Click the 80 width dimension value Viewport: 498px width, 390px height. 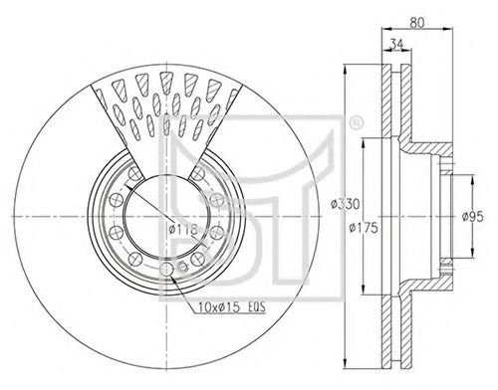click(x=416, y=23)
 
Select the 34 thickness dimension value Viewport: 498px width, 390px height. click(x=396, y=44)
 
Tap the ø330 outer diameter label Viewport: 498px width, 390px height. click(x=346, y=204)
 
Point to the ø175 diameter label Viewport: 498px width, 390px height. click(x=364, y=228)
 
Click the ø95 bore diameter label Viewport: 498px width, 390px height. click(x=473, y=217)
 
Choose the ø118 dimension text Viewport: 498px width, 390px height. click(x=183, y=229)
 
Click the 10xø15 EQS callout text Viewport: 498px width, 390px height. click(x=232, y=307)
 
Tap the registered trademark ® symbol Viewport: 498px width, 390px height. click(x=357, y=122)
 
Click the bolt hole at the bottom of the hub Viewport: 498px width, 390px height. click(x=166, y=269)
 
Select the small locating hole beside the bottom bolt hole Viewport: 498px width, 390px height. click(x=183, y=266)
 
